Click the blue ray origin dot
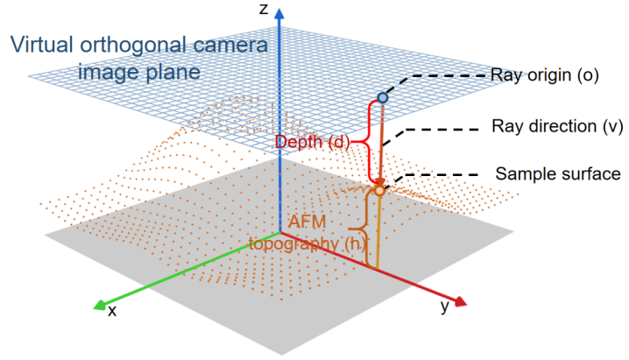381,97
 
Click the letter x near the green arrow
111,310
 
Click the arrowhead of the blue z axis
279,15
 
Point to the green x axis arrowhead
95,306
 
